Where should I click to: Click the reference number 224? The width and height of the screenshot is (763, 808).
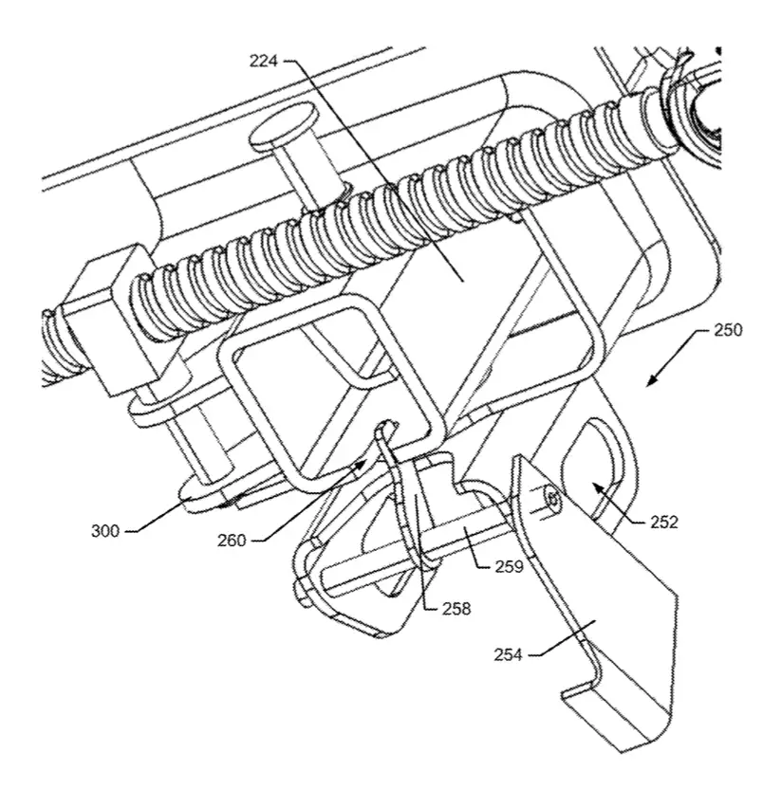click(264, 62)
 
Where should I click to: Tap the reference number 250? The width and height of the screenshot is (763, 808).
click(728, 330)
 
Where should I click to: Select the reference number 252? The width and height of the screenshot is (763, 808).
click(664, 522)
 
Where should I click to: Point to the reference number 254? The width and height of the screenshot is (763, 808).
click(508, 655)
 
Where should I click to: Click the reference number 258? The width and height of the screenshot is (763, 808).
click(456, 609)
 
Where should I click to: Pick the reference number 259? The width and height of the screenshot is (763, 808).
click(510, 566)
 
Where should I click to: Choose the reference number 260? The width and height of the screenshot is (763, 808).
click(232, 541)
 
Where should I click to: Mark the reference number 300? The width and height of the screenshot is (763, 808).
click(105, 531)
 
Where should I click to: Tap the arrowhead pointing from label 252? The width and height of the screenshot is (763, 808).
click(598, 487)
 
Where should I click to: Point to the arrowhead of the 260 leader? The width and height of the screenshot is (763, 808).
click(360, 467)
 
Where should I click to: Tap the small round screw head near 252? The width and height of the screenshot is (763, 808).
click(552, 498)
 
